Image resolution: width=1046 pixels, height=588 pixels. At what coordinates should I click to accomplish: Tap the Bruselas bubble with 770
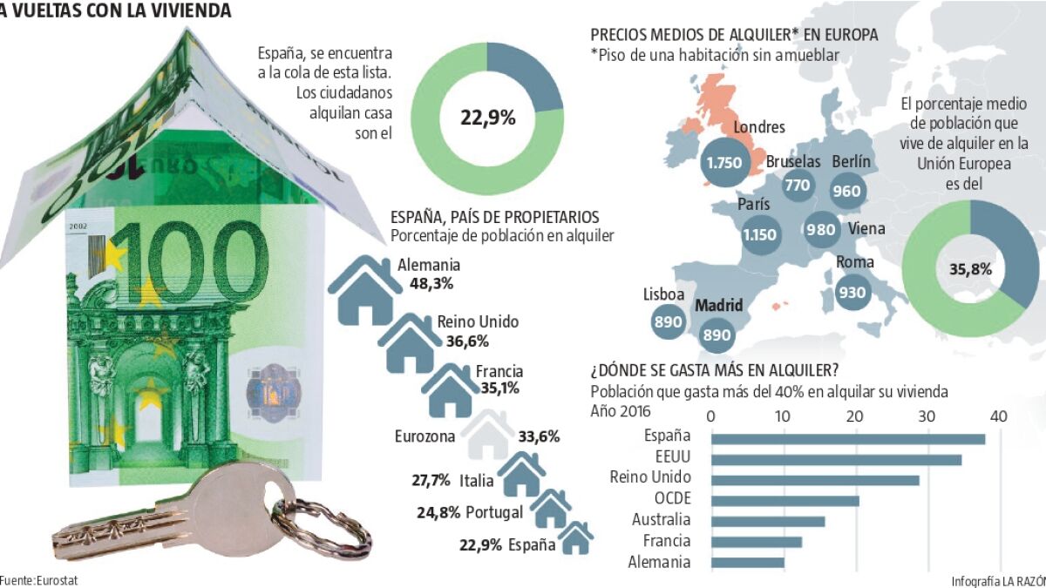[x=798, y=185]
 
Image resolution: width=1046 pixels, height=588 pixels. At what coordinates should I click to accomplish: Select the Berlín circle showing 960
[x=846, y=192]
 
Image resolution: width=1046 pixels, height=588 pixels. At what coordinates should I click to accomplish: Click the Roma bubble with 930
[x=852, y=293]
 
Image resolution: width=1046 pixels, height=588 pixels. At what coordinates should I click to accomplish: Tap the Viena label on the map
[x=866, y=229]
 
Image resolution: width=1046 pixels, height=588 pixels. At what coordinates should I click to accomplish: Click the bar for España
[x=848, y=438]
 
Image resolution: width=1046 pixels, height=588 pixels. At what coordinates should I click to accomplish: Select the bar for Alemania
[x=748, y=563]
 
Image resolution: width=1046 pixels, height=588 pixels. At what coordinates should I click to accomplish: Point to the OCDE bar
[x=785, y=501]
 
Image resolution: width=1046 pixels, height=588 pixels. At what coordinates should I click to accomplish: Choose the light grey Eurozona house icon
[x=487, y=435]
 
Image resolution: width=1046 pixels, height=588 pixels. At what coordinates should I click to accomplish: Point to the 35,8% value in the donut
[x=970, y=269]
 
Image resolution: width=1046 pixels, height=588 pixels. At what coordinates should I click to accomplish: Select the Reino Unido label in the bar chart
[x=650, y=477]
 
